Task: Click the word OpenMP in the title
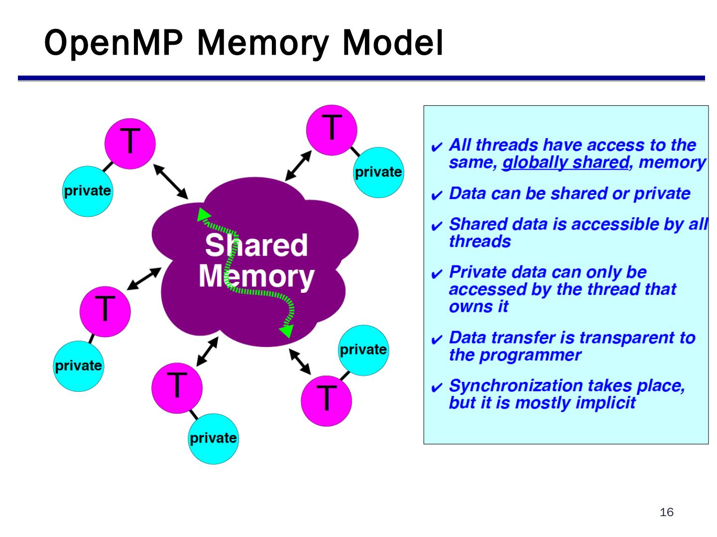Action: [x=113, y=43]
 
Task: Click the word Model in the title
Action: [x=392, y=43]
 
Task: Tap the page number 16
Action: [x=666, y=512]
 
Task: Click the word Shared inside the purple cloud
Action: [x=256, y=245]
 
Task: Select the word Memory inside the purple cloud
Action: [x=256, y=276]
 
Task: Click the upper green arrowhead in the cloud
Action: [x=203, y=215]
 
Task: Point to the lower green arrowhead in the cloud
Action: [x=286, y=331]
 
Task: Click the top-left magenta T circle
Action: [x=130, y=144]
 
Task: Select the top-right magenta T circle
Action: [x=332, y=130]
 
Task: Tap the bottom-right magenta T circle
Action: [x=326, y=401]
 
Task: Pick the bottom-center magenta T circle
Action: [x=177, y=388]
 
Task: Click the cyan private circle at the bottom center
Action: [x=213, y=439]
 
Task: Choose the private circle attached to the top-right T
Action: [x=378, y=173]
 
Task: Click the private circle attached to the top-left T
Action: [x=87, y=191]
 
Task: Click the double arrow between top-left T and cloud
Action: [x=170, y=181]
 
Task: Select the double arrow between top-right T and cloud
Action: [x=298, y=166]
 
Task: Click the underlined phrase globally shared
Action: [x=566, y=163]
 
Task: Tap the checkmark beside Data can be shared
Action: [x=437, y=195]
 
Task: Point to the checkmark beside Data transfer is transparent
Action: [x=437, y=340]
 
